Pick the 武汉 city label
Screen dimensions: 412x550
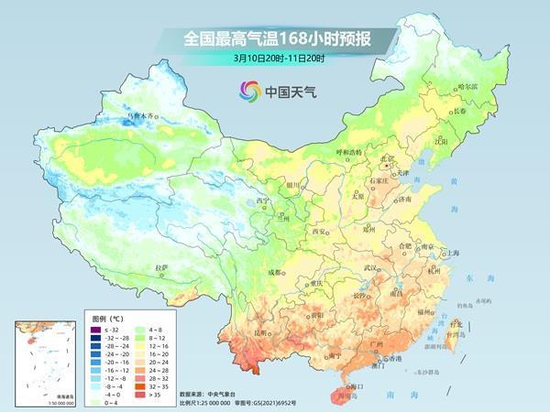pyautogui.click(x=371, y=267)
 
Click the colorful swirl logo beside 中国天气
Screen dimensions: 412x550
pyautogui.click(x=250, y=90)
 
